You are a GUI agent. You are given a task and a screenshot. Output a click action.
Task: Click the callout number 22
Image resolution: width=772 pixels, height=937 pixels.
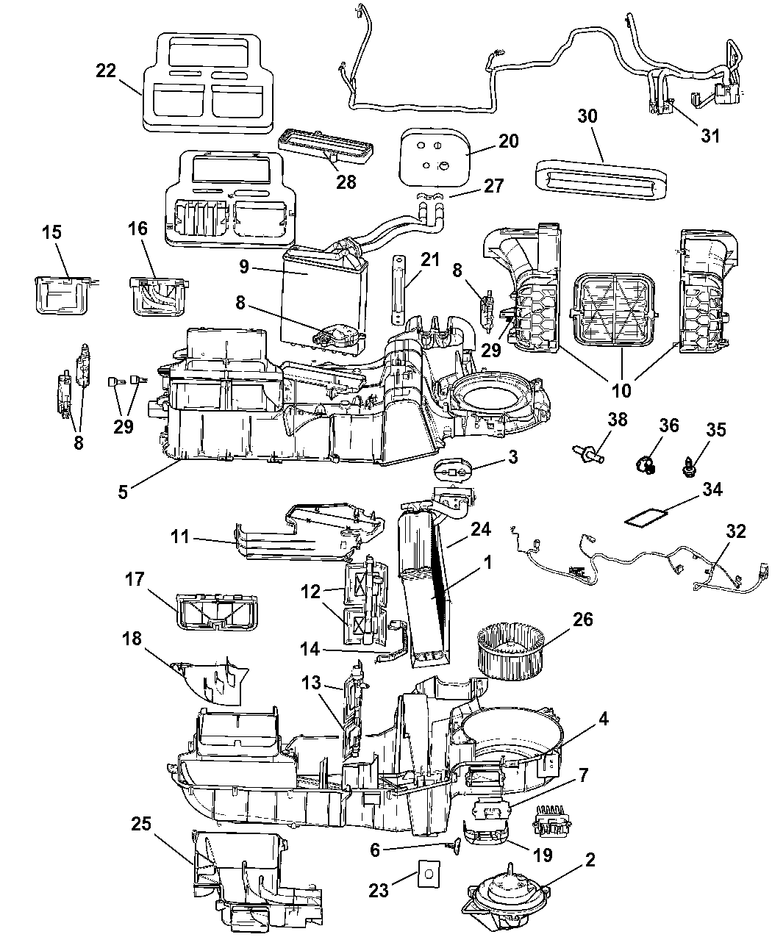pyautogui.click(x=105, y=71)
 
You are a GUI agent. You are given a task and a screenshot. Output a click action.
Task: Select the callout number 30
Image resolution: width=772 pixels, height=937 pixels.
pyautogui.click(x=587, y=117)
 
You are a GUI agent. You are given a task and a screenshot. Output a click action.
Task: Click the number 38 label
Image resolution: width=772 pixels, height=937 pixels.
pyautogui.click(x=618, y=420)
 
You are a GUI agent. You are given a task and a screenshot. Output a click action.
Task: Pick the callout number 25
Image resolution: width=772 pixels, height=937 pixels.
pyautogui.click(x=141, y=824)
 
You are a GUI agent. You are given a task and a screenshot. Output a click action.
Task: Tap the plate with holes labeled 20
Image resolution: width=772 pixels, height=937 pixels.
pyautogui.click(x=435, y=152)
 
